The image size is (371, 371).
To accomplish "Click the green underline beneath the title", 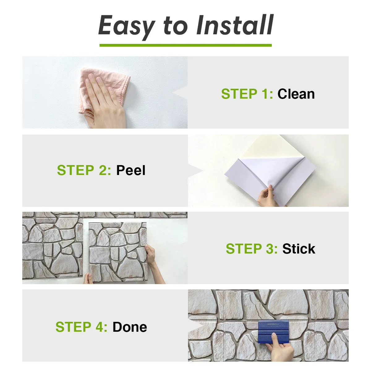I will (x=185, y=45).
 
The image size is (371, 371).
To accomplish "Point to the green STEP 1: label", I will (x=247, y=94).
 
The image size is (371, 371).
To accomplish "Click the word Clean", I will (x=296, y=94).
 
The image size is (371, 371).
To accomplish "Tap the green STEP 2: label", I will (x=84, y=170).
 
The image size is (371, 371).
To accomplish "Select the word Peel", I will (x=130, y=170).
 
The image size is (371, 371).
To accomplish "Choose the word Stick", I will (x=299, y=249).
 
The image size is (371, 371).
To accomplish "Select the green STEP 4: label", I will (x=81, y=327).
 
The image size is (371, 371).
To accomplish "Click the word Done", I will (x=130, y=327).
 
